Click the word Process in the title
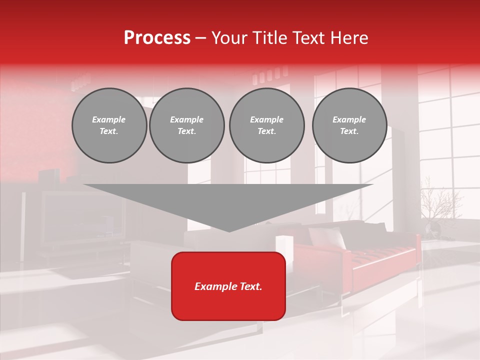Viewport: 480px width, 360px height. point(157,38)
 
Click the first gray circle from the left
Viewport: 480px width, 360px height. point(109,125)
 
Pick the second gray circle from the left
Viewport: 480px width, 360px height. point(187,125)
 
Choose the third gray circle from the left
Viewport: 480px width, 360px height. point(266,125)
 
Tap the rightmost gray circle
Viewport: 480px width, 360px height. point(349,125)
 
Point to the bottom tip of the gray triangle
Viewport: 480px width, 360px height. point(229,230)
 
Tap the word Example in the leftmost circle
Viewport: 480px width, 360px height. point(109,119)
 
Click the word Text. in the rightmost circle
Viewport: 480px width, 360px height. point(349,131)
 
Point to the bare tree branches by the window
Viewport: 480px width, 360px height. point(440,200)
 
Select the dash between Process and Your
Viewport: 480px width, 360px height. point(200,38)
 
